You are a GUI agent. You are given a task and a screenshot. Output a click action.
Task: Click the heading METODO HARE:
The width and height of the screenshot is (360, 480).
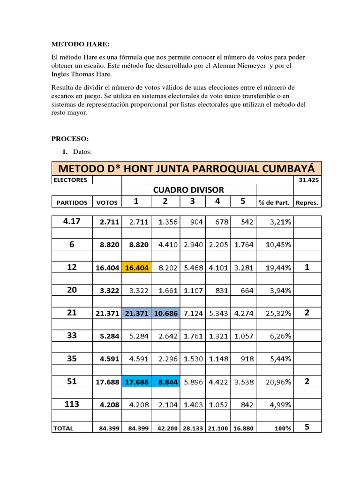tap(80, 45)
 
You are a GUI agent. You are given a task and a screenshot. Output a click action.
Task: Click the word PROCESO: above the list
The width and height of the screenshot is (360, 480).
tap(69, 139)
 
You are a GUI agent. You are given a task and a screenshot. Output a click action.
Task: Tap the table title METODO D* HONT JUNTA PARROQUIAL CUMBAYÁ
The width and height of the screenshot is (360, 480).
tap(186, 168)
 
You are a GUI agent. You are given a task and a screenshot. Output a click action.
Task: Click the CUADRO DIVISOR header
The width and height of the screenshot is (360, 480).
tap(188, 189)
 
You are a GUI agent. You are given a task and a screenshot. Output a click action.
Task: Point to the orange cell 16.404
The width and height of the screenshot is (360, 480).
tap(136, 268)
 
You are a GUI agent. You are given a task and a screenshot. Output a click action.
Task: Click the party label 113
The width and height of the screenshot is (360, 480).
tap(72, 404)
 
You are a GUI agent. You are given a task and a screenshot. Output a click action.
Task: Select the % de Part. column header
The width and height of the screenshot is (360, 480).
tap(274, 202)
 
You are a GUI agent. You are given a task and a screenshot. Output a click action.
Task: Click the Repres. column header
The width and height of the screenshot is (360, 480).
tap(307, 202)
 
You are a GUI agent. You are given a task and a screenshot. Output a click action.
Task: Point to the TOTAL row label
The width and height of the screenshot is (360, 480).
tap(64, 428)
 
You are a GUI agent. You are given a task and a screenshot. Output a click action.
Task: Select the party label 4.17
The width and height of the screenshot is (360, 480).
tap(72, 221)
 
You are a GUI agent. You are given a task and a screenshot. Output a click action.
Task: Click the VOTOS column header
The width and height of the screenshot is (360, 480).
tap(107, 202)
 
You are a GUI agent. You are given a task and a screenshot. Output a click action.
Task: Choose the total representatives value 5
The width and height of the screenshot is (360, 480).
tap(307, 427)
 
